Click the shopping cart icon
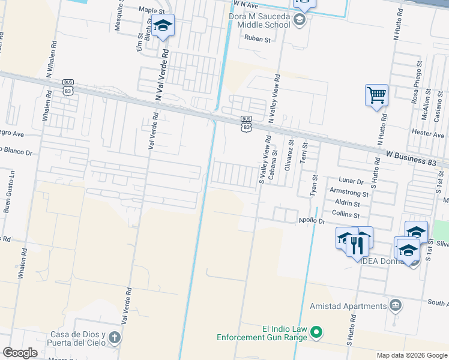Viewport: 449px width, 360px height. coord(376,95)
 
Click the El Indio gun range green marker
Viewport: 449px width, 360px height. coord(318,332)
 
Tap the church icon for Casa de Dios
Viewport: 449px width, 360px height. coord(115,338)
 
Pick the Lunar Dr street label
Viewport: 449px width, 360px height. coord(351,181)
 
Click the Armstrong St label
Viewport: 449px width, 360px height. coord(349,193)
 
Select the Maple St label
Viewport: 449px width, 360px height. coord(151,11)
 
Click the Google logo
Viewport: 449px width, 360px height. coord(20,353)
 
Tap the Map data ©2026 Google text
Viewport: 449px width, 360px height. coord(411,355)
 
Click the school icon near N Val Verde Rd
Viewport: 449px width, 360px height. coord(162,25)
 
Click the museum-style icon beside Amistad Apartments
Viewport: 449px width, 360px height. coord(396,305)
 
